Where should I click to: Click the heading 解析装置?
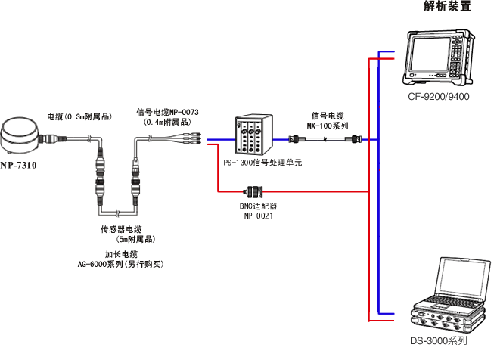pos(447,7)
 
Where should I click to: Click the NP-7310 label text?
pos(18,164)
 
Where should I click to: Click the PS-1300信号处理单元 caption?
pos(262,163)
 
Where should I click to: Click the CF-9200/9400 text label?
pos(439,97)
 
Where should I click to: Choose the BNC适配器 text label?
pos(258,206)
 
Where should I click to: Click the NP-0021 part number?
pos(258,216)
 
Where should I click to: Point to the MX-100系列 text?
pos(328,125)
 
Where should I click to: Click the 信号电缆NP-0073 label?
pos(167,113)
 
